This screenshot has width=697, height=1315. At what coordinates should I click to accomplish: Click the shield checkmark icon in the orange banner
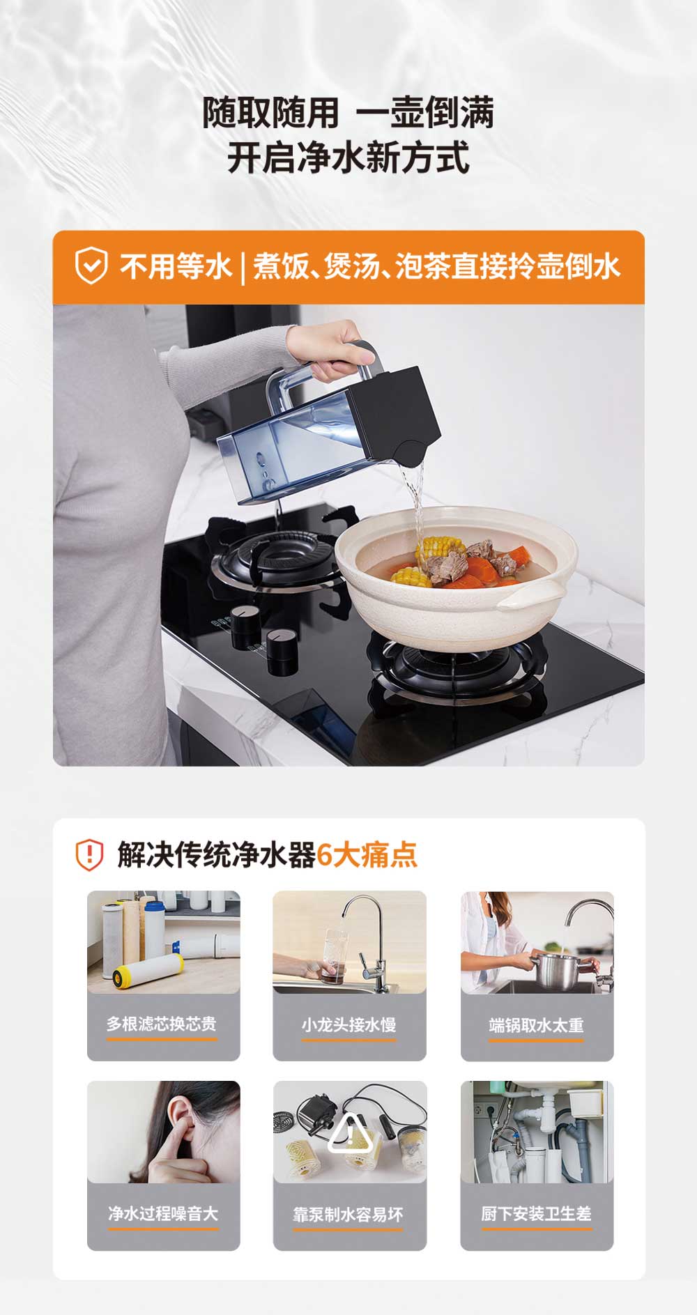click(x=91, y=266)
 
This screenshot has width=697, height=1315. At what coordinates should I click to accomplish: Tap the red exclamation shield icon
click(x=89, y=855)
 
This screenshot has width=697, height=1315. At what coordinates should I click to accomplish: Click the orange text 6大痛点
click(x=367, y=855)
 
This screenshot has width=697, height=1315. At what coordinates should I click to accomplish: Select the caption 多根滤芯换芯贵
click(x=162, y=1024)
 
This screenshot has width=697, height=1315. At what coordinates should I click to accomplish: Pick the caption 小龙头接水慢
click(x=348, y=1024)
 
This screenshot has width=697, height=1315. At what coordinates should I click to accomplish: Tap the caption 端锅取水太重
click(x=536, y=1025)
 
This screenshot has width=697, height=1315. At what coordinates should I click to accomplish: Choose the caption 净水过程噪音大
click(x=163, y=1213)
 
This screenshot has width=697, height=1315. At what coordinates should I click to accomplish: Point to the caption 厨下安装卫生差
click(x=536, y=1214)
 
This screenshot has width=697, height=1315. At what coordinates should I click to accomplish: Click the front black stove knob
click(x=282, y=651)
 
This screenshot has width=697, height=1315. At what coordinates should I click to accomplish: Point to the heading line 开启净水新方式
click(x=348, y=157)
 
